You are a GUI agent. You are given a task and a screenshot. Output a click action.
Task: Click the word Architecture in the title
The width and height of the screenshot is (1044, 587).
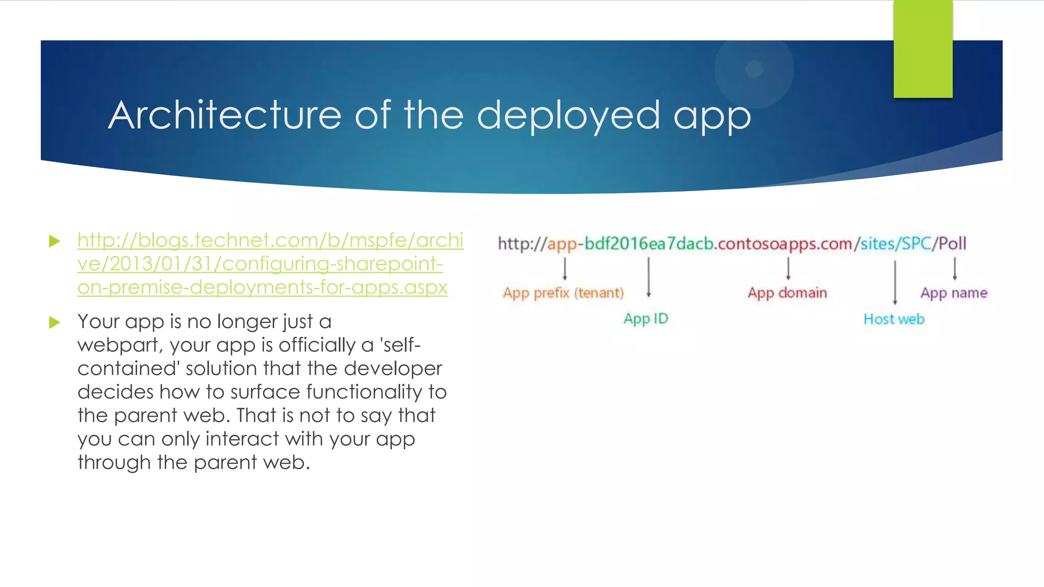(224, 115)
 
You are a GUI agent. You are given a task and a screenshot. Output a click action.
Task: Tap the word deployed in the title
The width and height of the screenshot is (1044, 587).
(568, 116)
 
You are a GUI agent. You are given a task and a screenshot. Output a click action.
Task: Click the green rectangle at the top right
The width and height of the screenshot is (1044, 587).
(923, 49)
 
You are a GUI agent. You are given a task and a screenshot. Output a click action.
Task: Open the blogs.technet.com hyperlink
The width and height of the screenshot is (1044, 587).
(270, 263)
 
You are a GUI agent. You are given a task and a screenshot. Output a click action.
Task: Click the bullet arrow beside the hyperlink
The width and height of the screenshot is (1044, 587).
(55, 241)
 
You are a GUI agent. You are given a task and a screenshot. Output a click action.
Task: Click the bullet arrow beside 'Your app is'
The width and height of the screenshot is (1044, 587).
(55, 323)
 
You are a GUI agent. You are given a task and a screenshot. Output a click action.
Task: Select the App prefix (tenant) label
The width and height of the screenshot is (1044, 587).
(563, 293)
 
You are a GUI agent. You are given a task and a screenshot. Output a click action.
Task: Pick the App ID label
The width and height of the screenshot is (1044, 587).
(645, 319)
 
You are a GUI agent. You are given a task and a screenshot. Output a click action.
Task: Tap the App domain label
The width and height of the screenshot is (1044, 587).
(787, 293)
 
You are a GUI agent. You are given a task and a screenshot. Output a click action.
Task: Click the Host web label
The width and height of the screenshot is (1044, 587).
(894, 319)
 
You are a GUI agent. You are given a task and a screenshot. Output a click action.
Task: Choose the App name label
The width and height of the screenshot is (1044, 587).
(954, 293)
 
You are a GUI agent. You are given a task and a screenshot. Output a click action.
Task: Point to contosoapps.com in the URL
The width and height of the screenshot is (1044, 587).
(785, 244)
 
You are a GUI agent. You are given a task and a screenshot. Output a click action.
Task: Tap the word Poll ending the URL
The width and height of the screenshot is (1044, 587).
(952, 244)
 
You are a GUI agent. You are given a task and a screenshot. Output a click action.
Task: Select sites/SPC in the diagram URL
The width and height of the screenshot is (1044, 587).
(896, 244)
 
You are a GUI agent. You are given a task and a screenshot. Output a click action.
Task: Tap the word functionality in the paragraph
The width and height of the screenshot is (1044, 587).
(364, 392)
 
